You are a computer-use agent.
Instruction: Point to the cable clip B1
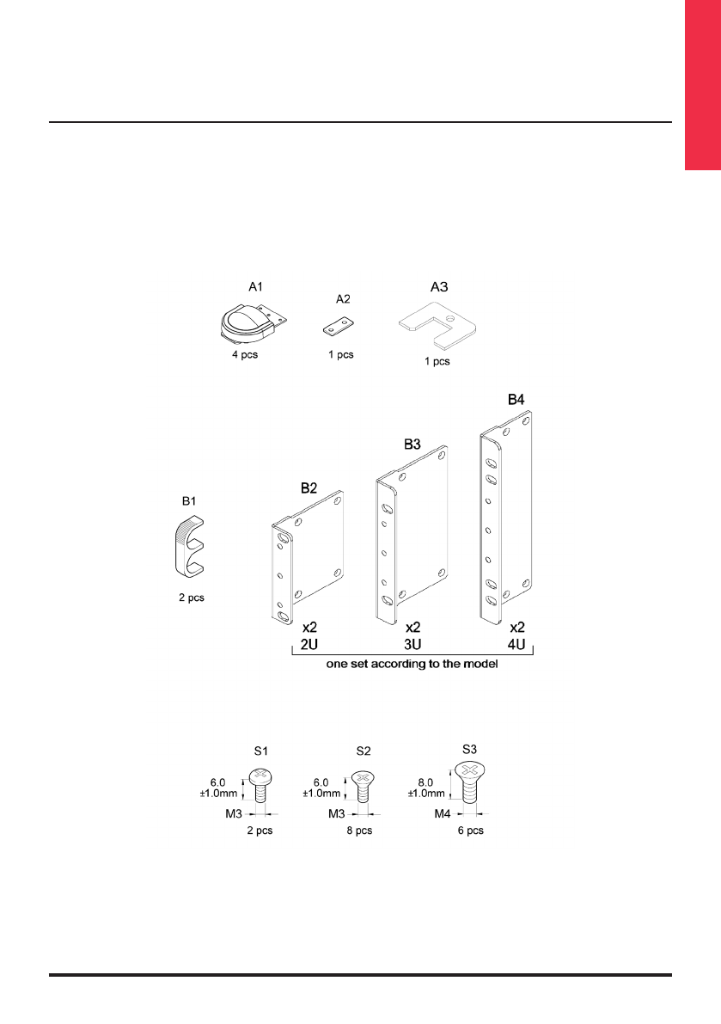190,547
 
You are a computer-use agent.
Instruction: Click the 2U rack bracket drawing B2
308,556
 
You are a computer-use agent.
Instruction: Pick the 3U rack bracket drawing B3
411,534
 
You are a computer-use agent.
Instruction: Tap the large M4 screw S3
469,782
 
